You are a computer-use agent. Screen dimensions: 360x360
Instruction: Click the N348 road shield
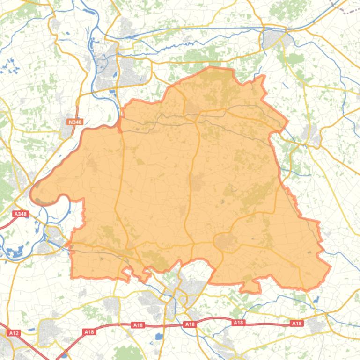(x=75, y=122)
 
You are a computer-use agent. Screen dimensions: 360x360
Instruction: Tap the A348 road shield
(x=21, y=214)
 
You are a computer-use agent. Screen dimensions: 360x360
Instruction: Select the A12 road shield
(x=14, y=333)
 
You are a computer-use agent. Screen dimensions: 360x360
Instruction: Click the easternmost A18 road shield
(x=297, y=323)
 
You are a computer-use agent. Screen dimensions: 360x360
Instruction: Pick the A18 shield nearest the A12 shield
(x=89, y=331)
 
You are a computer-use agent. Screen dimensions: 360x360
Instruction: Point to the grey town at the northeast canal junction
(x=274, y=37)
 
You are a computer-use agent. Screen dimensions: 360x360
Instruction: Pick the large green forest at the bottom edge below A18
(x=126, y=353)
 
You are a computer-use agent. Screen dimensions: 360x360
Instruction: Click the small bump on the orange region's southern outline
(x=250, y=286)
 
